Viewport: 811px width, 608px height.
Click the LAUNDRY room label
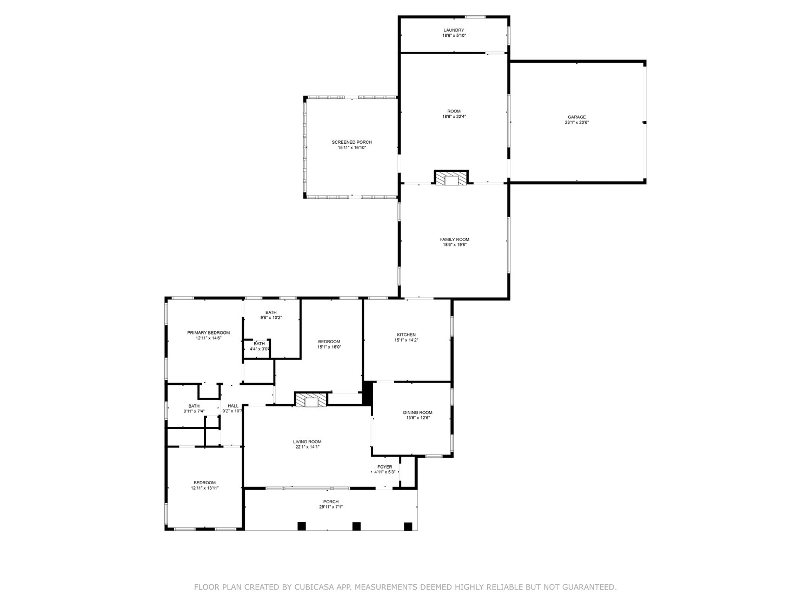(x=454, y=30)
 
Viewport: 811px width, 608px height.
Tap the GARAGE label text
(x=576, y=117)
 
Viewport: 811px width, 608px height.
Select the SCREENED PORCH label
(x=351, y=142)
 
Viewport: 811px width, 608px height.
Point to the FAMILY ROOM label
(x=455, y=239)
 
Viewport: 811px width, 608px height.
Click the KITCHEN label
(x=406, y=335)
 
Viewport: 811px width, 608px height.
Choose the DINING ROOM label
(x=417, y=412)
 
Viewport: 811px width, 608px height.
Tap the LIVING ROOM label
(x=307, y=442)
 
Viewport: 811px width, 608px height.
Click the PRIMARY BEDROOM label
(x=208, y=332)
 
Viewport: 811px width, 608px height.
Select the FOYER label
(x=384, y=467)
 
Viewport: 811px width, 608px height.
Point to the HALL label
(x=233, y=406)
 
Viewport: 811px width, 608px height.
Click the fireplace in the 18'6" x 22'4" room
(x=451, y=178)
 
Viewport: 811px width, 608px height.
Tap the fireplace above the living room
(x=311, y=399)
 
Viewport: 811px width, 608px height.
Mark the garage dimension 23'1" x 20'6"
(x=576, y=123)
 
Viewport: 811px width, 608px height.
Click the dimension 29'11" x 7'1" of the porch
(x=331, y=507)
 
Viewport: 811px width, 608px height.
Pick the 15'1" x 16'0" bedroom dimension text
(x=329, y=347)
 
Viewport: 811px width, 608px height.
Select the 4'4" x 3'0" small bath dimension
(x=260, y=349)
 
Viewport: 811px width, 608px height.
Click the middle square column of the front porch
(x=356, y=526)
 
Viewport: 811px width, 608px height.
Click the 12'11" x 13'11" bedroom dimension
(x=205, y=488)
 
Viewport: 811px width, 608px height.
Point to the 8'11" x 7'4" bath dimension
(x=194, y=411)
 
